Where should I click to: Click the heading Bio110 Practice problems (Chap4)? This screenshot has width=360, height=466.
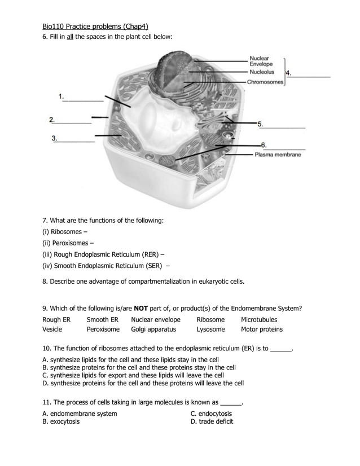pyautogui.click(x=95, y=26)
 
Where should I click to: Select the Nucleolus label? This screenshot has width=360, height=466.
pyautogui.click(x=262, y=72)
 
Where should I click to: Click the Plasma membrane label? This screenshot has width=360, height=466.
pyautogui.click(x=278, y=155)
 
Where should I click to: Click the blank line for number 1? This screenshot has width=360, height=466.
pyautogui.click(x=84, y=100)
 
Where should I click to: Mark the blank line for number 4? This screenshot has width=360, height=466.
pyautogui.click(x=311, y=76)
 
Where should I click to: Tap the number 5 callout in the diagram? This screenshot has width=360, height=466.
pyautogui.click(x=261, y=124)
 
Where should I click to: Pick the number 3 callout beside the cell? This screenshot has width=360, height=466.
pyautogui.click(x=54, y=138)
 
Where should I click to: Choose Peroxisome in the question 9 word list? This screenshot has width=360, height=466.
pyautogui.click(x=103, y=329)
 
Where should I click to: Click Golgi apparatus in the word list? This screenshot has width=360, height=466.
pyautogui.click(x=153, y=329)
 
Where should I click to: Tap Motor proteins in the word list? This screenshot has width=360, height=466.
pyautogui.click(x=262, y=329)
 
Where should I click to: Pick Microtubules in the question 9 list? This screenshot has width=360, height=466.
pyautogui.click(x=259, y=320)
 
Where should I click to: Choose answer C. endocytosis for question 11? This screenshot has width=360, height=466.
pyautogui.click(x=211, y=414)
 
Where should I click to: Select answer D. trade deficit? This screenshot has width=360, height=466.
pyautogui.click(x=212, y=421)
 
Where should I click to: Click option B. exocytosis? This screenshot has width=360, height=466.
pyautogui.click(x=61, y=421)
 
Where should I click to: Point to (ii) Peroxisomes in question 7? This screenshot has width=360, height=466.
pyautogui.click(x=65, y=243)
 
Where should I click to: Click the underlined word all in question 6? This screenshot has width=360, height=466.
pyautogui.click(x=71, y=37)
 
